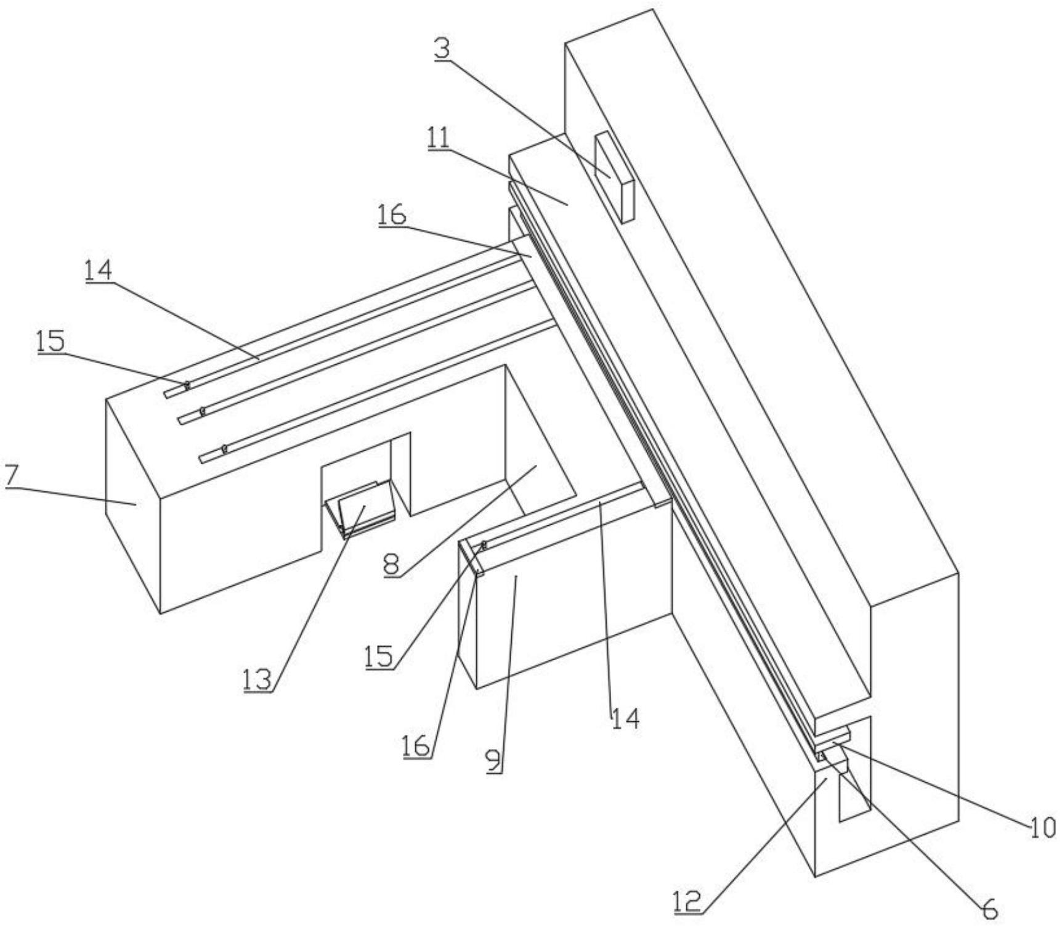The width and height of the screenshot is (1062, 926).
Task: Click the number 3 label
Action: [x=442, y=49]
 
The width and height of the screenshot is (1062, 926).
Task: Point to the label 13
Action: [x=257, y=679]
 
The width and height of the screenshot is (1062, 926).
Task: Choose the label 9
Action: [x=494, y=761]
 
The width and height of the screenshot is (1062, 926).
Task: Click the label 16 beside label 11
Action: [x=392, y=215]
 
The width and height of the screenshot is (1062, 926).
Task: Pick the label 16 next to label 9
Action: [x=416, y=747]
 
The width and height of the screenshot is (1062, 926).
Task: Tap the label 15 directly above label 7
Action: [x=51, y=341]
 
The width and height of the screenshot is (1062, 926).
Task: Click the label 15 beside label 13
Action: [x=378, y=657]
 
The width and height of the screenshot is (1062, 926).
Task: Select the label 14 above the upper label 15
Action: [x=99, y=269]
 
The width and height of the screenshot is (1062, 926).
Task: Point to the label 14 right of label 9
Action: [x=625, y=718]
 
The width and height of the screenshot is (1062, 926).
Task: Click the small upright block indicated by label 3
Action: [x=614, y=176]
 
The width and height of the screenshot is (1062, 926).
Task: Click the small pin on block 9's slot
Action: [x=484, y=544]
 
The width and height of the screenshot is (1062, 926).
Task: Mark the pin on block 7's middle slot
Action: [x=201, y=409]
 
